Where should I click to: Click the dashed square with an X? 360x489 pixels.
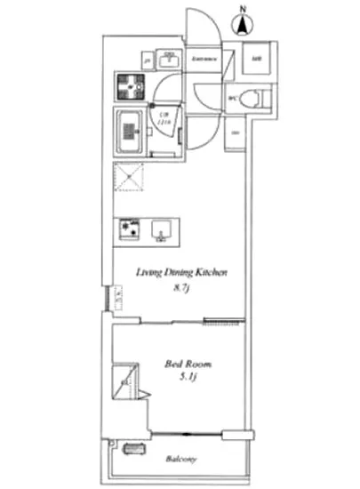coord(131,178)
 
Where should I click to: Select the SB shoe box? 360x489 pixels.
coord(256,60)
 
